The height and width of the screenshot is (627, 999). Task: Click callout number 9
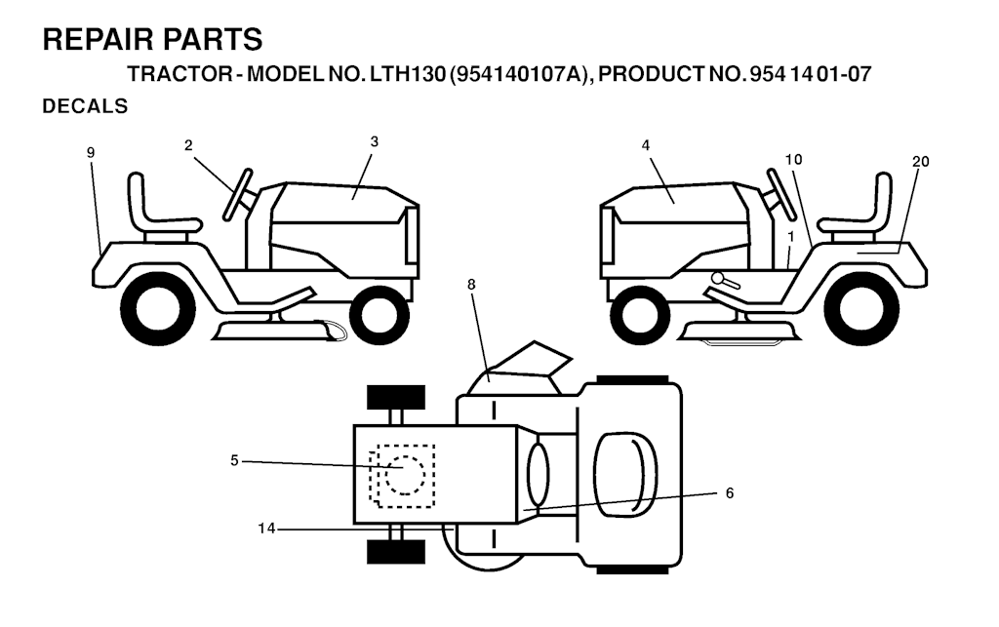pos(91,152)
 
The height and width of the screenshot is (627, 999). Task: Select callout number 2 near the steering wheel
pos(188,145)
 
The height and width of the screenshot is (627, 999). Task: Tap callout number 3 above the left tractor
pos(374,141)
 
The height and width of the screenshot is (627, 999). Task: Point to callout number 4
pos(646,145)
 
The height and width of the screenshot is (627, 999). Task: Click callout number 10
pos(793,159)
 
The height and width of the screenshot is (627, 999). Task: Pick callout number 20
pos(921,162)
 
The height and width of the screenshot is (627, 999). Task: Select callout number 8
pos(471,285)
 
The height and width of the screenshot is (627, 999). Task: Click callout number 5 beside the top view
pos(234,460)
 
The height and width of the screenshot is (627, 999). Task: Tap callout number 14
pos(266,529)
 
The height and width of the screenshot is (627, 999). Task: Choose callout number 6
pos(730,493)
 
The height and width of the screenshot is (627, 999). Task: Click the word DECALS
pos(85,106)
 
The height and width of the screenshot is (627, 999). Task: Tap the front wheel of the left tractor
pos(380,314)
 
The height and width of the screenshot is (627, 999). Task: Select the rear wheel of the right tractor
pos(869,309)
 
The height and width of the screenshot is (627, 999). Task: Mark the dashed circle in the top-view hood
pos(405,475)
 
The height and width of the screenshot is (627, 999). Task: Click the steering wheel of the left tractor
pos(238,195)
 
